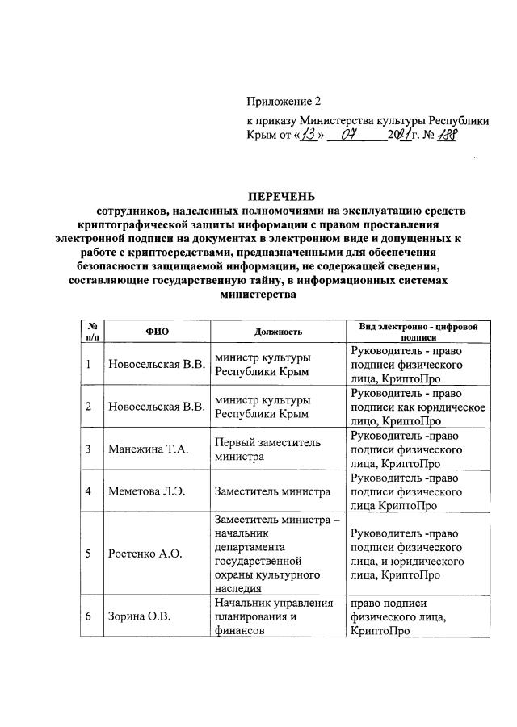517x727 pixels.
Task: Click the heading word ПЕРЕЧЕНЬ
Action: [281, 196]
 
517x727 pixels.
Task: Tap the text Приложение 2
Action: [284, 101]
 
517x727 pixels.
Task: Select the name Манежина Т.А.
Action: [148, 449]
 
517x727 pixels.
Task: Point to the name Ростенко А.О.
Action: [145, 553]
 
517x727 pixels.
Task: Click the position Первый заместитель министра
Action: [267, 449]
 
